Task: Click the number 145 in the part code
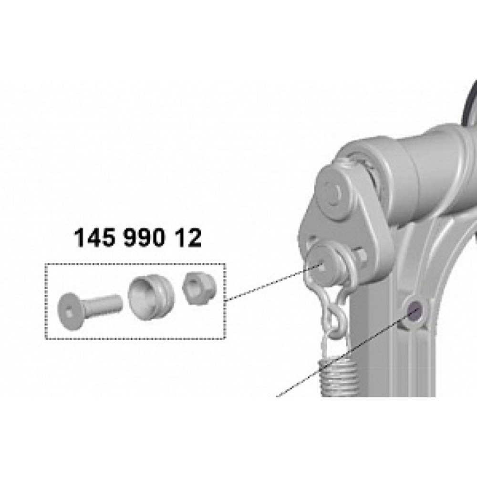(x=94, y=238)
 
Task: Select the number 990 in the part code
(x=144, y=238)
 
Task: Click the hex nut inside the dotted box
(x=199, y=288)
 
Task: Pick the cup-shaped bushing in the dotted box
(x=152, y=297)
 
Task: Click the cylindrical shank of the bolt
(x=104, y=304)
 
